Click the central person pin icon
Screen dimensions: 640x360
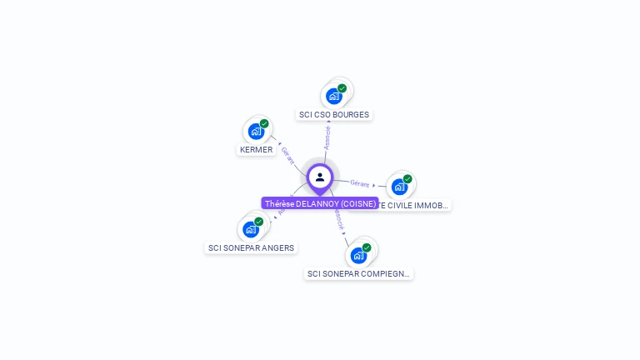pyautogui.click(x=320, y=177)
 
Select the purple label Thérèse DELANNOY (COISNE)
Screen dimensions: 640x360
pyautogui.click(x=320, y=203)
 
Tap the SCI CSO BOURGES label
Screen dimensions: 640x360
pyautogui.click(x=333, y=114)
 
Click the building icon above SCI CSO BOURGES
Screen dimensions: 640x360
pyautogui.click(x=335, y=96)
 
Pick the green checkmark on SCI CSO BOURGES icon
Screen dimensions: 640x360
pyautogui.click(x=342, y=88)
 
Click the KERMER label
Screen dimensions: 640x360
pyautogui.click(x=256, y=149)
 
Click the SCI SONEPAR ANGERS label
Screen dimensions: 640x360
pyautogui.click(x=252, y=247)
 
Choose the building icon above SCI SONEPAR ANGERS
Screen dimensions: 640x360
pyautogui.click(x=251, y=229)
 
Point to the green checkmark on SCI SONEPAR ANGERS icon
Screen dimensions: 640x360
pyautogui.click(x=259, y=222)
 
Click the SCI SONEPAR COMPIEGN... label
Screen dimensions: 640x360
pyautogui.click(x=358, y=273)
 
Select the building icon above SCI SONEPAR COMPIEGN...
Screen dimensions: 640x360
pyautogui.click(x=358, y=255)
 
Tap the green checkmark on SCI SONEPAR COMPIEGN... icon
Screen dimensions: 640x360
pyautogui.click(x=367, y=247)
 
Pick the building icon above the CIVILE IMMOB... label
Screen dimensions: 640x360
pyautogui.click(x=399, y=187)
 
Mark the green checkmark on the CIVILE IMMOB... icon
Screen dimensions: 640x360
pyautogui.click(x=407, y=179)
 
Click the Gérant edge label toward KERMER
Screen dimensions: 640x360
pyautogui.click(x=287, y=155)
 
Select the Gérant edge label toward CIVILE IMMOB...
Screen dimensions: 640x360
pyautogui.click(x=360, y=183)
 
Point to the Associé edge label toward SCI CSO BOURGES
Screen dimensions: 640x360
pyautogui.click(x=327, y=138)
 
